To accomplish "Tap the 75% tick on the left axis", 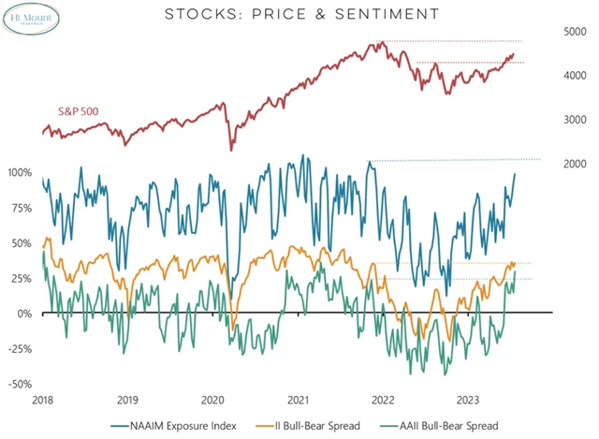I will tap(21, 208).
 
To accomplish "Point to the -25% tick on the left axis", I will tap(19, 349).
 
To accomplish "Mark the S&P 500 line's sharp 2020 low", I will tap(231, 149).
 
